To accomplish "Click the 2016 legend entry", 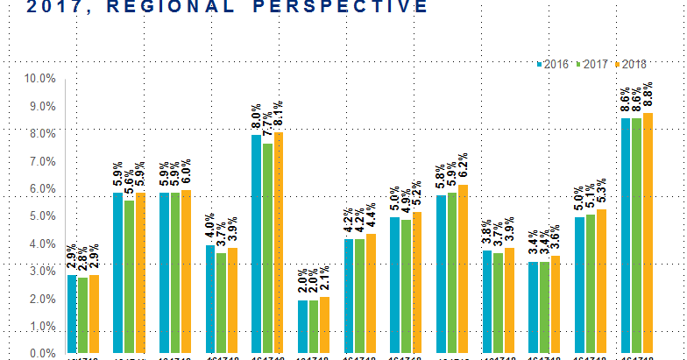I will [x=553, y=65].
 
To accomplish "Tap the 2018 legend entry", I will [x=633, y=65].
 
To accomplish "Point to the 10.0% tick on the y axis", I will [x=39, y=79].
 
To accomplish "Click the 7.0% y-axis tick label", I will [x=41, y=162].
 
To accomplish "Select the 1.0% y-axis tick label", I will [x=41, y=327].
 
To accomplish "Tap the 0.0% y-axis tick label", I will [x=41, y=354].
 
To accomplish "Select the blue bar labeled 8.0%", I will [x=257, y=244].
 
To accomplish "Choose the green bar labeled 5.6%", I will [x=130, y=277].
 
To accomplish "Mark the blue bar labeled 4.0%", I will [x=210, y=299].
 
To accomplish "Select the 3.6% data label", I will [x=556, y=239].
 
